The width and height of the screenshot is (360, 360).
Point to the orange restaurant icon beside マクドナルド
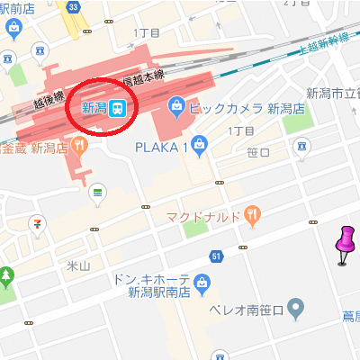pos(253,215)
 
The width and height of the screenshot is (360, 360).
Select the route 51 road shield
pos(217,257)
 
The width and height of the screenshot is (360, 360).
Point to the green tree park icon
pos(6,274)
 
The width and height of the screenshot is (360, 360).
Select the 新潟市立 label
pos(332,93)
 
